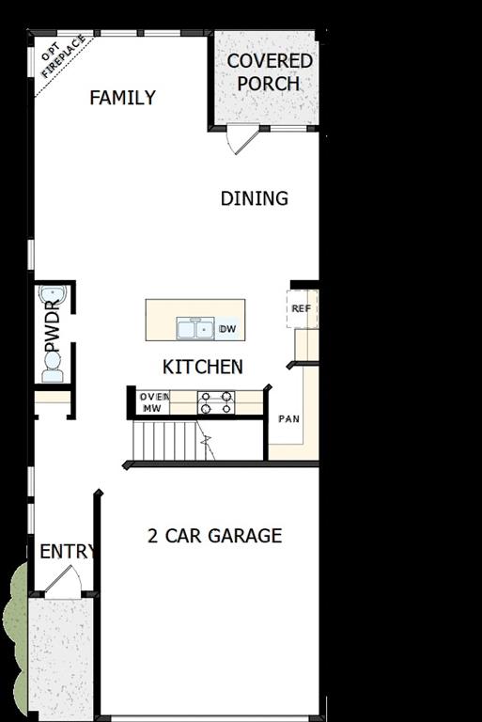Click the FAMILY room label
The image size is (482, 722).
pos(122,98)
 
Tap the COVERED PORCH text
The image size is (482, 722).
pos(269,72)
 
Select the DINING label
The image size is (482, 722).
pos(254,198)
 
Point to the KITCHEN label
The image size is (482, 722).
pos(203,367)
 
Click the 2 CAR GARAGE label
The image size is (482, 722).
pos(214,536)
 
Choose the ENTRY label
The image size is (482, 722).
pos(66,552)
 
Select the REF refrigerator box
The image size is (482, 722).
pos(302,309)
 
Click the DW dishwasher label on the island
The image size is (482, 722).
pos(226,329)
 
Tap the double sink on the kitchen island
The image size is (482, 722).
pos(195,329)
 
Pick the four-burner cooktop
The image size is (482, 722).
pos(215,402)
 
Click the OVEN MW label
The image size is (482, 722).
pos(154,402)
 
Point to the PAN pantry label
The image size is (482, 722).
pos(288,418)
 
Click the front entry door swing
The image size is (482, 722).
pos(64,584)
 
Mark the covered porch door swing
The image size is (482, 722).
pos(241,139)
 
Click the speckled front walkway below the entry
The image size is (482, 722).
pos(62,658)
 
